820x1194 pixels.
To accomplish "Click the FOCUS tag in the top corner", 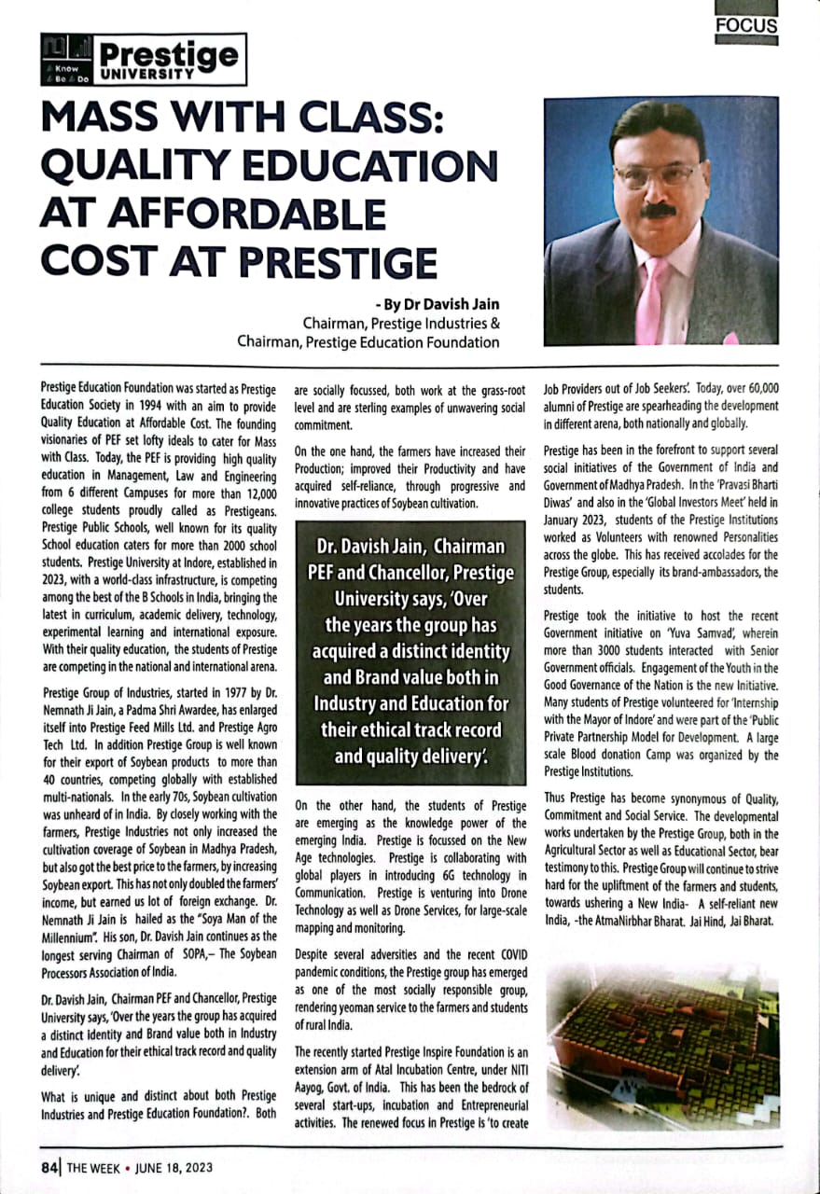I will pyautogui.click(x=745, y=26).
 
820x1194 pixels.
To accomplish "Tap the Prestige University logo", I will pyautogui.click(x=144, y=58).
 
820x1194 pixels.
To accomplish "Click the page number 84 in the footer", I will pyautogui.click(x=49, y=1167).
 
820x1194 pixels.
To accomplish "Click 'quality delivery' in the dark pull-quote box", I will pyautogui.click(x=409, y=756).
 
